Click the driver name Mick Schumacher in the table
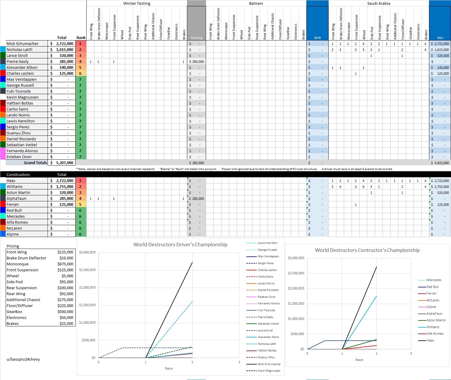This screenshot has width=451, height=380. pyautogui.click(x=23, y=43)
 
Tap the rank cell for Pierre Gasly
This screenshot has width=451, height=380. pyautogui.click(x=80, y=61)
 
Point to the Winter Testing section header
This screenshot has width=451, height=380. pyautogui.click(x=137, y=3)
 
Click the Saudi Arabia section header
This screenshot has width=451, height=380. pyautogui.click(x=378, y=3)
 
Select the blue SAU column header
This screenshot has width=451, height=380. pyautogui.click(x=440, y=38)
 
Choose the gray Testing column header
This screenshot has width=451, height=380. pyautogui.click(x=196, y=38)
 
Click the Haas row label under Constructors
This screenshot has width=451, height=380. pyautogui.click(x=11, y=180)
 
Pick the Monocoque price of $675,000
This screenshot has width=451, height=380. pyautogui.click(x=65, y=264)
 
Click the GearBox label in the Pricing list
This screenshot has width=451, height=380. pyautogui.click(x=14, y=312)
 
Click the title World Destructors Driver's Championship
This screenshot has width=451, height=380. pyautogui.click(x=180, y=244)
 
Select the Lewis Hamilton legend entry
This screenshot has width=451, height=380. pyautogui.click(x=267, y=243)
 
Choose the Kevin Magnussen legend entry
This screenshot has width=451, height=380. pyautogui.click(x=269, y=371)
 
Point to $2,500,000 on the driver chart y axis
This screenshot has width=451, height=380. pyautogui.click(x=87, y=270)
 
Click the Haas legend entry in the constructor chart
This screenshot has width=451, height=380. pyautogui.click(x=430, y=340)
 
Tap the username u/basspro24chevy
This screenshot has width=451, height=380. pyautogui.click(x=23, y=359)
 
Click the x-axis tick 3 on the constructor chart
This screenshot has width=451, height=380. pyautogui.click(x=411, y=353)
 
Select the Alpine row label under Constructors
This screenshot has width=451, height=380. pyautogui.click(x=13, y=234)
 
